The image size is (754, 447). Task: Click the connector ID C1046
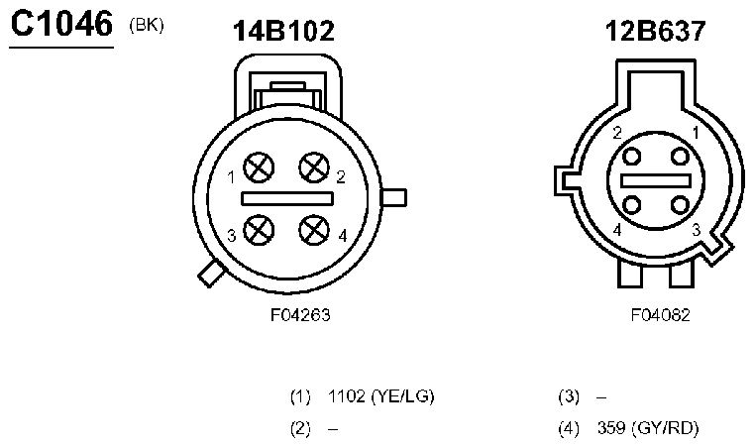pos(61,24)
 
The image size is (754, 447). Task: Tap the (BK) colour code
pos(147,25)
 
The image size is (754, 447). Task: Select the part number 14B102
pos(283,31)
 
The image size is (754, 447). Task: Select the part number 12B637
pos(655,31)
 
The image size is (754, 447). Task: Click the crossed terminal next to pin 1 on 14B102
pos(259,168)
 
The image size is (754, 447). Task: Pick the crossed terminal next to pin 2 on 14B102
pos(314,168)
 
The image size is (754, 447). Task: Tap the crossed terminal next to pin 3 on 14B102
pos(259,230)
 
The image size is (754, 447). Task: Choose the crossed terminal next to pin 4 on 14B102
pos(314,230)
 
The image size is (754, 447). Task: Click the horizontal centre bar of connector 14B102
pos(287,198)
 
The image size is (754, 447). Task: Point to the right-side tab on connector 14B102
pos(394,198)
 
